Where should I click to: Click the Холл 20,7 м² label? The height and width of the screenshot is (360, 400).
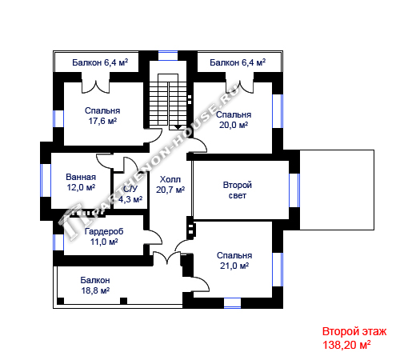click(x=170, y=184)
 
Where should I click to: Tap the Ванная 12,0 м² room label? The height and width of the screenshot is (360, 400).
click(x=81, y=182)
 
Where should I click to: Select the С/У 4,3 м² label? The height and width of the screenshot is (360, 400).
click(x=130, y=194)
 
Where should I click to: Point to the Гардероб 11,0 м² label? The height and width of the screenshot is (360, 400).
click(x=104, y=236)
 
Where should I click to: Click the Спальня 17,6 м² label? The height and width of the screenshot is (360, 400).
click(x=102, y=116)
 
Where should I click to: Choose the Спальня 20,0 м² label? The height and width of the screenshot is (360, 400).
click(x=234, y=120)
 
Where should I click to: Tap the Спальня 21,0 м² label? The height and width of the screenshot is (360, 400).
click(x=234, y=261)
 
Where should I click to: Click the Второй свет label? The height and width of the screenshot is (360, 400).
click(x=238, y=190)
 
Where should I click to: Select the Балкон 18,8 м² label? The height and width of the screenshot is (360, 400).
click(x=95, y=286)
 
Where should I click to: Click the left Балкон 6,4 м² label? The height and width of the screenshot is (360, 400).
click(x=100, y=62)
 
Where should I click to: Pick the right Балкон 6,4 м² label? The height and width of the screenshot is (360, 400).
click(x=238, y=62)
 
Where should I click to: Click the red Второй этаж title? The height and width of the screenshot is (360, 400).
click(x=354, y=331)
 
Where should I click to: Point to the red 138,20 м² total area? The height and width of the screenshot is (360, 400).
click(x=346, y=345)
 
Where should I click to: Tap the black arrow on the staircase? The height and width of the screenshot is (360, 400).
click(x=178, y=127)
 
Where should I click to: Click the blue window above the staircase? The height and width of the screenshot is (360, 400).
click(x=168, y=55)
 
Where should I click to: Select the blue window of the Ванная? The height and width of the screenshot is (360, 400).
click(x=46, y=180)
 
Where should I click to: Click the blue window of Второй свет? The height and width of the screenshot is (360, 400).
click(x=294, y=190)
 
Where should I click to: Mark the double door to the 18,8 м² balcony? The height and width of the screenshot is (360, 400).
click(x=167, y=258)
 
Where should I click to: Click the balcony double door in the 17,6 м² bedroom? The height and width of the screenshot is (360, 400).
click(x=95, y=86)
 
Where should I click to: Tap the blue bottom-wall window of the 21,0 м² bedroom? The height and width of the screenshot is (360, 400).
click(x=232, y=303)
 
